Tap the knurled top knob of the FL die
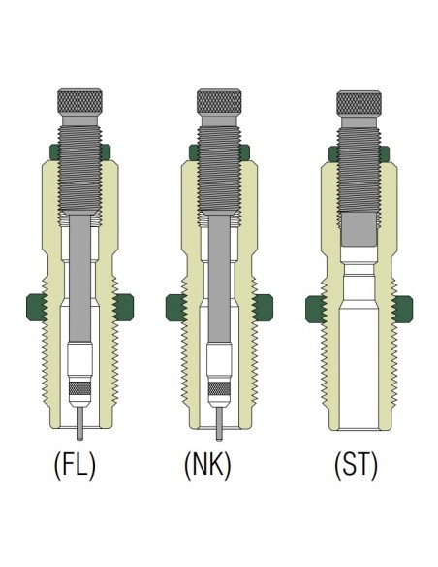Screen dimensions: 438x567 [79, 102]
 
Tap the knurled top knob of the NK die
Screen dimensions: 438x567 [219, 102]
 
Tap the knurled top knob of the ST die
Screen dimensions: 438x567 [359, 102]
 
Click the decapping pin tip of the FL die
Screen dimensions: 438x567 [79, 438]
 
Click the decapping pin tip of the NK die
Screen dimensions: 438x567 [219, 438]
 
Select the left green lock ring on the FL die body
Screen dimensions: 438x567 [37, 308]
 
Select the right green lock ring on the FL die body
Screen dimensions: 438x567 [123, 308]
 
